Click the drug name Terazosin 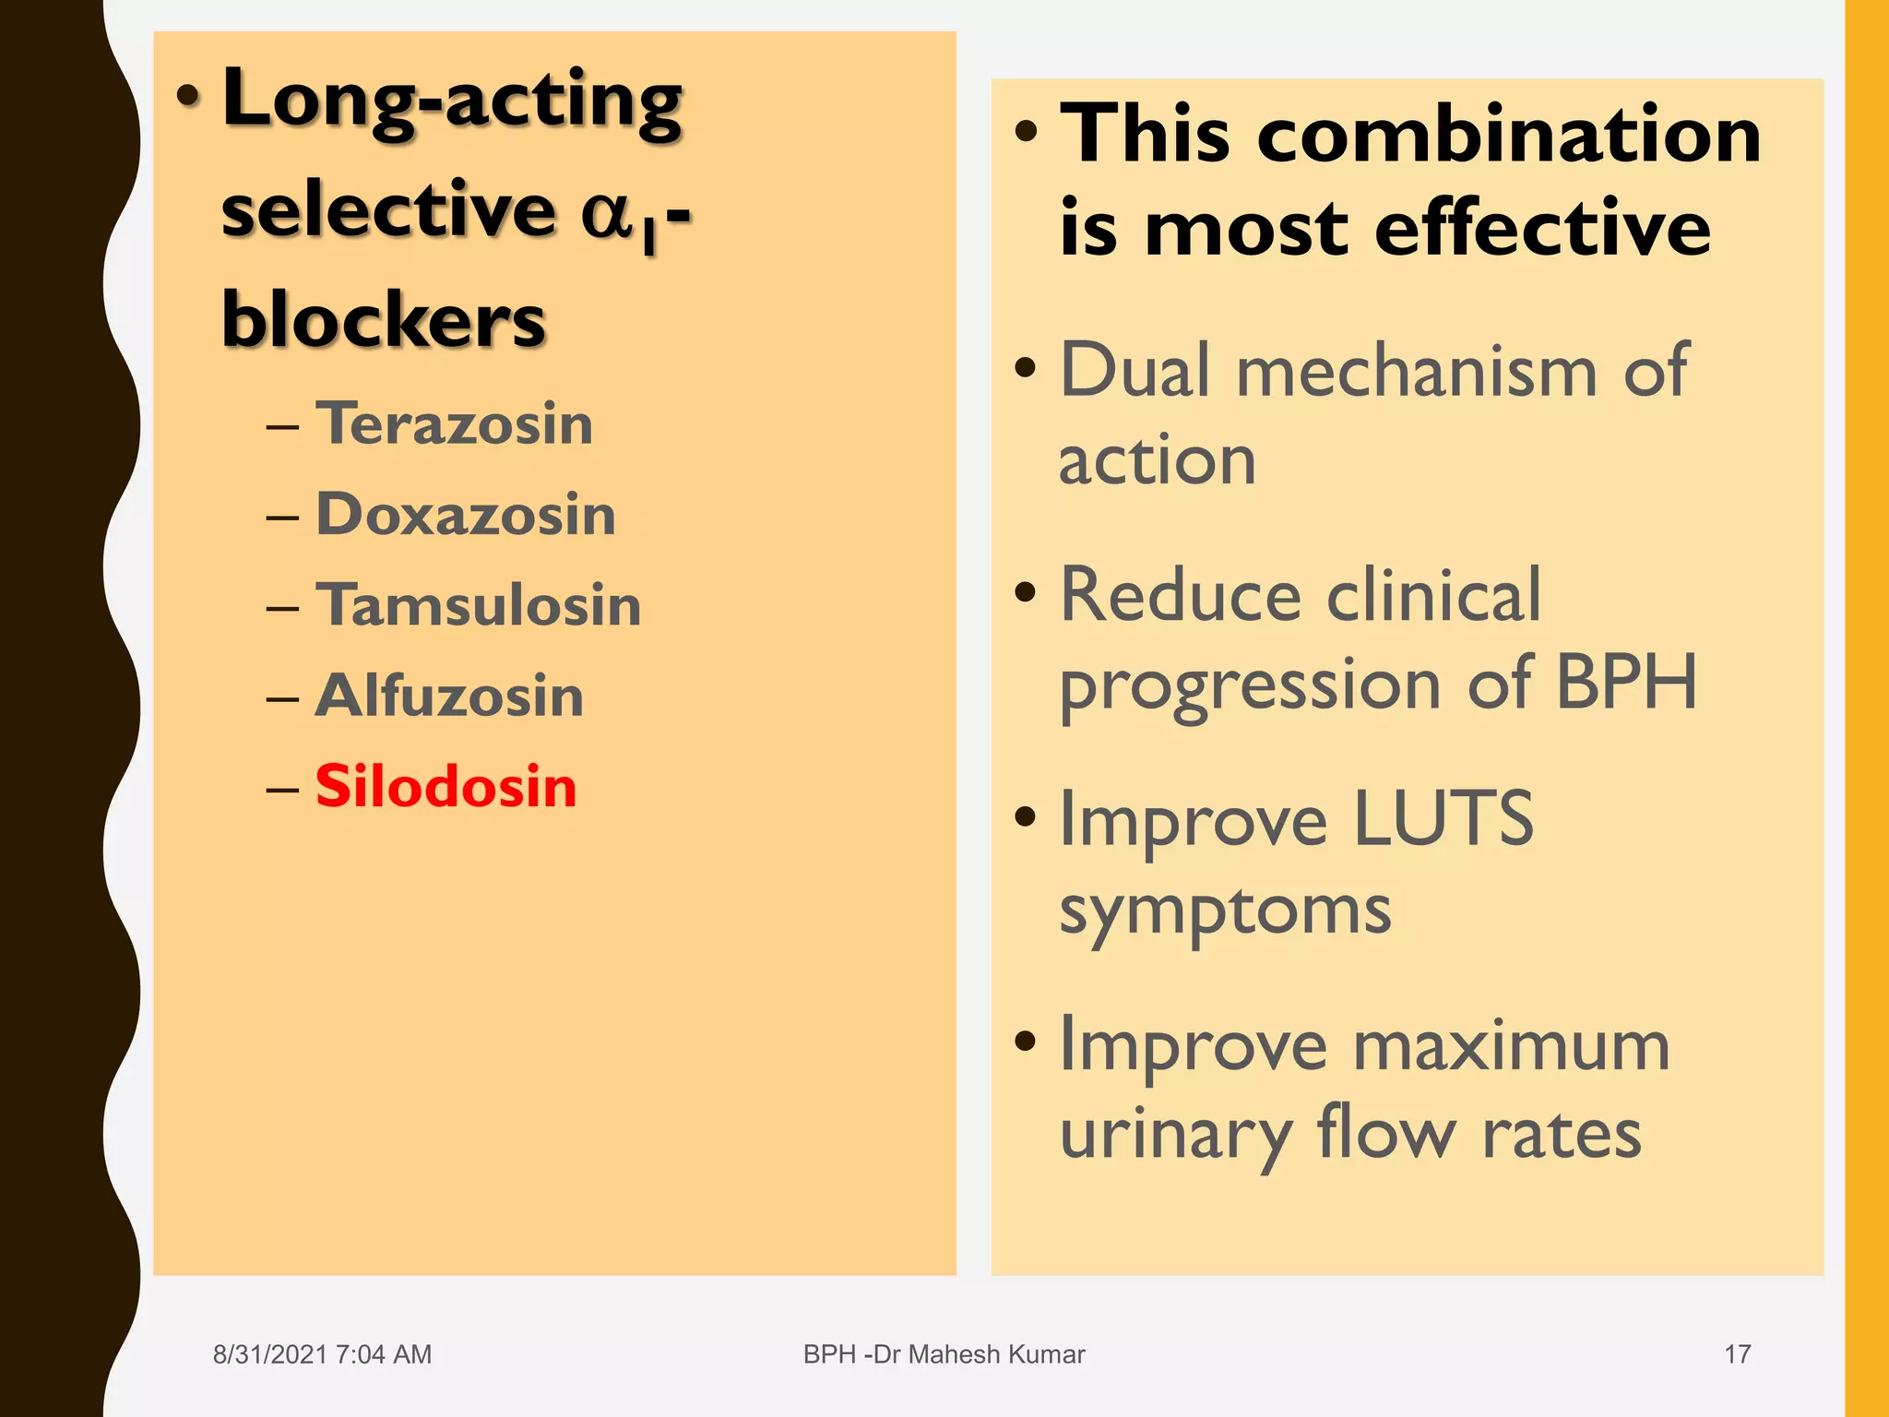(x=454, y=423)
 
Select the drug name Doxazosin (x=466, y=514)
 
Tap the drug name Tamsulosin (x=478, y=605)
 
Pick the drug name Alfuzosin (x=449, y=696)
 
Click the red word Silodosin (x=446, y=787)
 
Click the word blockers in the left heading (x=384, y=319)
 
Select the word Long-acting (x=452, y=101)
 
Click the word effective (x=1542, y=229)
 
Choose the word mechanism (x=1416, y=371)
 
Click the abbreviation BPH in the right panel (x=1625, y=683)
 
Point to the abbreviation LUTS (x=1443, y=818)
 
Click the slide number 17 (x=1737, y=1354)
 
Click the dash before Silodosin (x=282, y=790)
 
